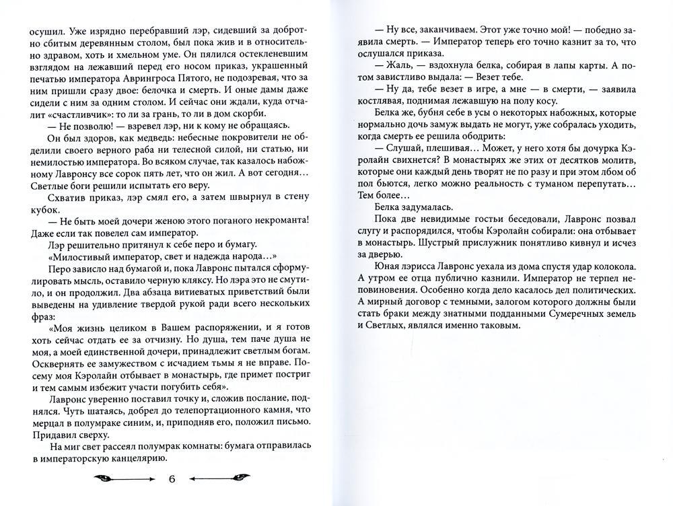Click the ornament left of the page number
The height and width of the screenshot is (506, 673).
click(x=121, y=479)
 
